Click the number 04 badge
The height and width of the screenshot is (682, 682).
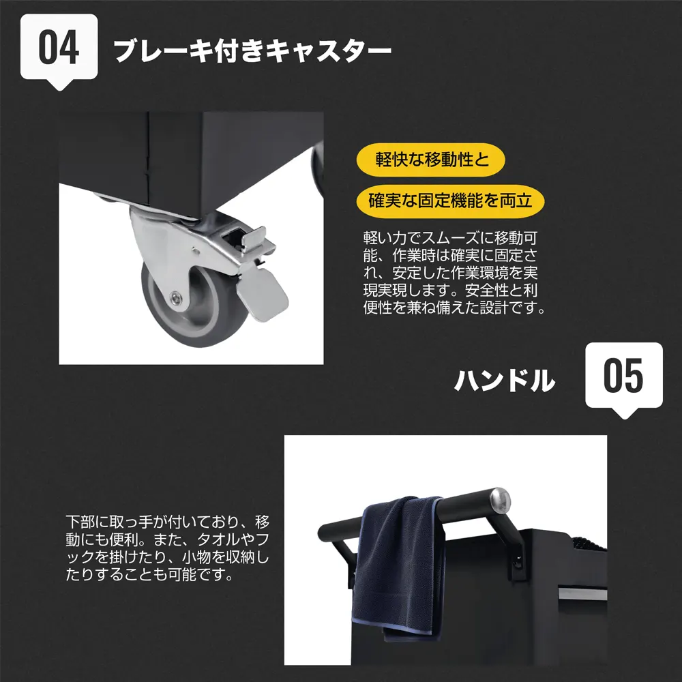pyautogui.click(x=59, y=48)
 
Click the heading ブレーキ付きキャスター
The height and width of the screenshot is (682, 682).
pyautogui.click(x=252, y=51)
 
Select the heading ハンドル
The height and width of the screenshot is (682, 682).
pyautogui.click(x=505, y=380)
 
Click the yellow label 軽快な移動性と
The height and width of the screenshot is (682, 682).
pyautogui.click(x=430, y=160)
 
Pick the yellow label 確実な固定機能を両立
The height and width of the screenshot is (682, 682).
pyautogui.click(x=450, y=201)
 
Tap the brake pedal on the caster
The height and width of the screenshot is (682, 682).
pyautogui.click(x=262, y=291)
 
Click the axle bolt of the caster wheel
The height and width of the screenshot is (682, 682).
pyautogui.click(x=176, y=297)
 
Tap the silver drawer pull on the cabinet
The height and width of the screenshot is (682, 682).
pyautogui.click(x=582, y=593)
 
